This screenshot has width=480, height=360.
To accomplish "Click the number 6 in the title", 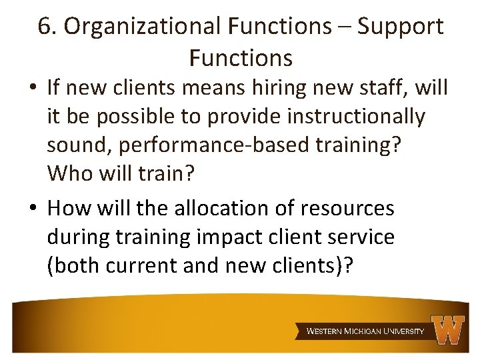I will [x=45, y=27].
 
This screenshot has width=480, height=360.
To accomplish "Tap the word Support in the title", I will [x=400, y=27].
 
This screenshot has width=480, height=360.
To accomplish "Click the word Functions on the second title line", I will [x=240, y=58].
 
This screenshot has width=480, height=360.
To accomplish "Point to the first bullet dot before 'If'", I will [x=33, y=89].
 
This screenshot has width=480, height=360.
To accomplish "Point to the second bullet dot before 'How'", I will [x=33, y=209].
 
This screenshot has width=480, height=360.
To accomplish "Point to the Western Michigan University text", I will [x=365, y=331].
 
